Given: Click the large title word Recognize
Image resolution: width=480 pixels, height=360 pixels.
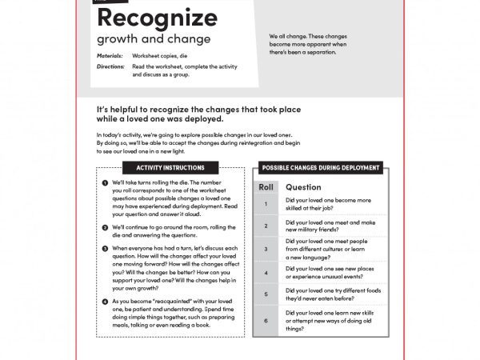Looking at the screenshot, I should coord(157,18).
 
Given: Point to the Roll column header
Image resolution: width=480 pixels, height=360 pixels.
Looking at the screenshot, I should coord(266,187).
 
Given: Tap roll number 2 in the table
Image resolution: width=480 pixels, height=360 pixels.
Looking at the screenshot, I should coord(266,226).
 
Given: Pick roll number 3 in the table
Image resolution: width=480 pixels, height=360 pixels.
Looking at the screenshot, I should coord(266,249).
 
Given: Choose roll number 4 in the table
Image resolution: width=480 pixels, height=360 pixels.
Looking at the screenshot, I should coord(266,272).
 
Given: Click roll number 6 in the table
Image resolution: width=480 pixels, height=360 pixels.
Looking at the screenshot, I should coord(266,320).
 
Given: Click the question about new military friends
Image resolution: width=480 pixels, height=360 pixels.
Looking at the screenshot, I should coord(330,226).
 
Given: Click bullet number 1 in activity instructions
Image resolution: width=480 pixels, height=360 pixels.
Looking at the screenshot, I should coord(105,182).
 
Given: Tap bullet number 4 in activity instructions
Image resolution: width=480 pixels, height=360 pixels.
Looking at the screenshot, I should coord(105,301).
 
